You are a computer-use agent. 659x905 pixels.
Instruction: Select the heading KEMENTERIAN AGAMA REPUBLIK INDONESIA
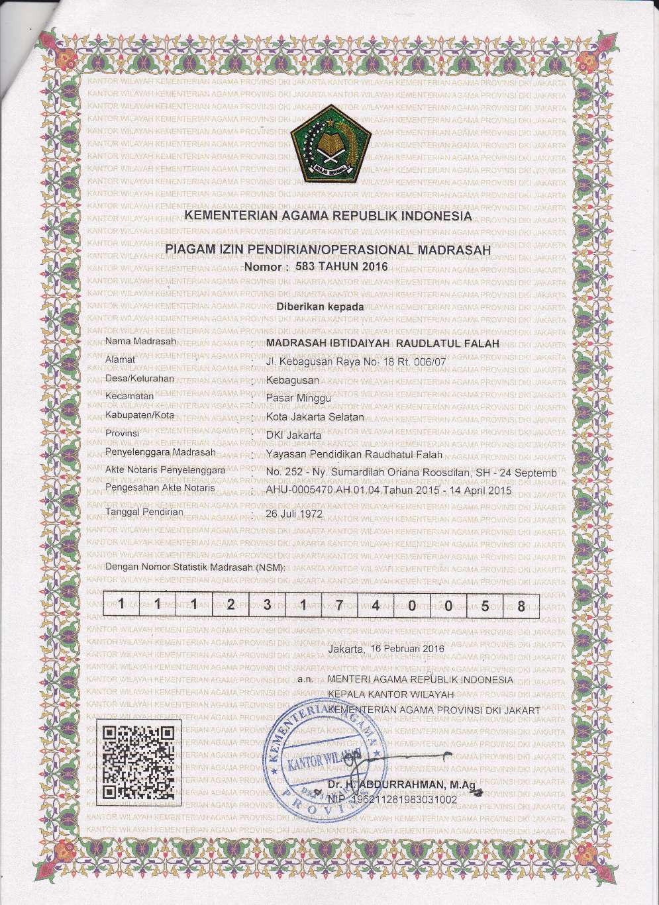pos(327,216)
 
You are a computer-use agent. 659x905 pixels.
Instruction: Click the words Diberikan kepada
pos(320,307)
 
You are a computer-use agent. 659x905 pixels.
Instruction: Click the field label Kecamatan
pos(130,396)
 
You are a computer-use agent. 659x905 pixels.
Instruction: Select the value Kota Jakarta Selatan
pos(315,416)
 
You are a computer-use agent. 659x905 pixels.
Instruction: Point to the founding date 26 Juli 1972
pos(293,513)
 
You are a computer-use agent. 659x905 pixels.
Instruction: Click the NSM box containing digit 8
pos(521,605)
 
